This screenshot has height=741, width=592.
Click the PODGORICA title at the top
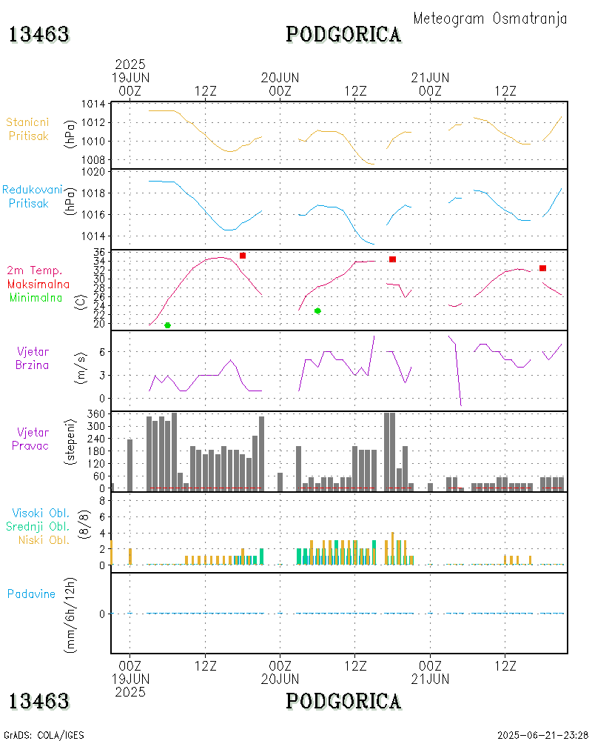(x=343, y=35)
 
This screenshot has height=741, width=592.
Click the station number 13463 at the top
(x=39, y=35)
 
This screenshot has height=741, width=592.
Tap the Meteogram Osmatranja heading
(x=490, y=19)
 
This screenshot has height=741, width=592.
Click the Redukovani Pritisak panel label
(x=33, y=196)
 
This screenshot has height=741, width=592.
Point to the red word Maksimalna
(x=38, y=284)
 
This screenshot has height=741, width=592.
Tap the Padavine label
(x=31, y=594)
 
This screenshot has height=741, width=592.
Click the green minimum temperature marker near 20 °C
(x=167, y=325)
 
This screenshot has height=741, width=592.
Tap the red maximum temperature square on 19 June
(x=243, y=256)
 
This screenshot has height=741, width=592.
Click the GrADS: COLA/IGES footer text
(x=44, y=735)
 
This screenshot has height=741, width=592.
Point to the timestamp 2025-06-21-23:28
(x=542, y=735)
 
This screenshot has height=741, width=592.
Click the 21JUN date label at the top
(x=431, y=78)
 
